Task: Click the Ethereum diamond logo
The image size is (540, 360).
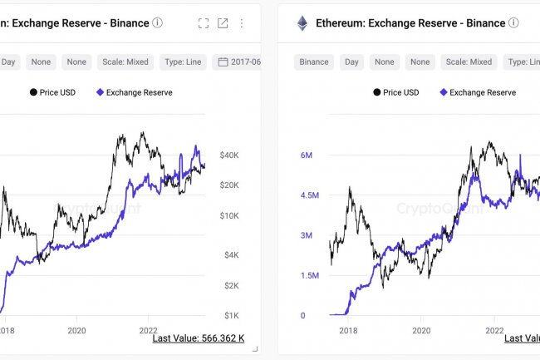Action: (302, 23)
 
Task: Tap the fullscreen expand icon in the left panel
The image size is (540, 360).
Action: (204, 23)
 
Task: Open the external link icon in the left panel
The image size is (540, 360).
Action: (223, 23)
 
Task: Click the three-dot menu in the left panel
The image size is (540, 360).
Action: (242, 23)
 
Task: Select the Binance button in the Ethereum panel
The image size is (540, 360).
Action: (314, 62)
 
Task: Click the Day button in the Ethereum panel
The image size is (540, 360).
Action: (351, 62)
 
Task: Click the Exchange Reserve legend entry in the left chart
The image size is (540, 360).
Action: (135, 92)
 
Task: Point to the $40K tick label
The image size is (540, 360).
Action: (230, 155)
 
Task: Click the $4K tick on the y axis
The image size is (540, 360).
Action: (230, 254)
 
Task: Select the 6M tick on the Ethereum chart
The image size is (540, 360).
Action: (306, 155)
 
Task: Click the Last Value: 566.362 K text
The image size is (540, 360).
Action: (199, 338)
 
